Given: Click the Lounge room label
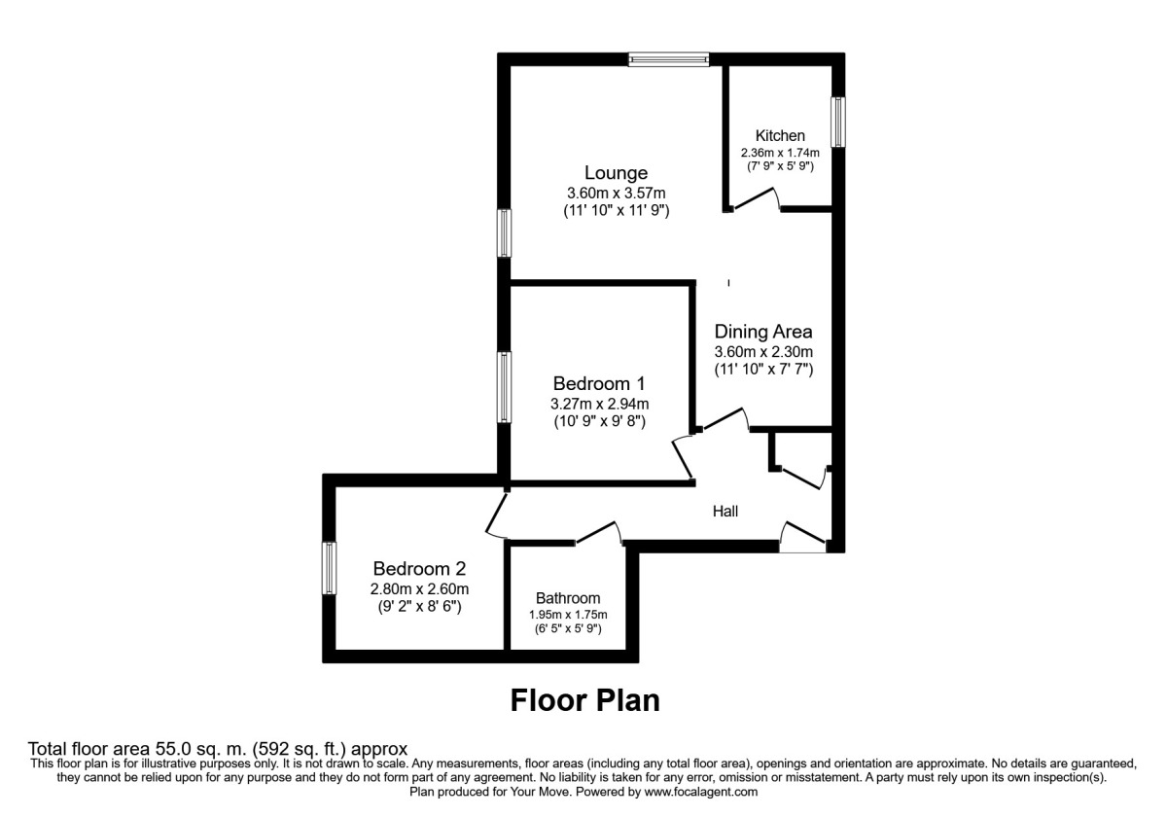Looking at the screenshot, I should click(616, 173).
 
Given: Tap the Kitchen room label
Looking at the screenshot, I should click(780, 135).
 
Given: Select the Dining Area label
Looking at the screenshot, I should click(763, 332).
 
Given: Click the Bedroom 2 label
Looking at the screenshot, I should click(419, 569).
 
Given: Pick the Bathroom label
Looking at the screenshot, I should click(568, 598).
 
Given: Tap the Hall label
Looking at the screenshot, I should click(725, 510).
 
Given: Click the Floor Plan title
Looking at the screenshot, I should click(584, 700).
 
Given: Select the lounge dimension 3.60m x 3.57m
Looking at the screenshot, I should click(616, 193).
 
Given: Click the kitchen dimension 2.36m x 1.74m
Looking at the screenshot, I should click(780, 153).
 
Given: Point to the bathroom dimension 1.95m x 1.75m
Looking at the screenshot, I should click(568, 615).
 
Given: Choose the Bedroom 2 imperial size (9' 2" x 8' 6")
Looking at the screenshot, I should click(419, 607).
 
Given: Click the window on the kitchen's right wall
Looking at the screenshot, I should click(836, 122).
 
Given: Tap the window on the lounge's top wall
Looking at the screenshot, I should click(668, 59).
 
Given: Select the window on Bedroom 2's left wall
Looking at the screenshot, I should click(330, 569).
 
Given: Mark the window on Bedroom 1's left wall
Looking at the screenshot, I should click(504, 387).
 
